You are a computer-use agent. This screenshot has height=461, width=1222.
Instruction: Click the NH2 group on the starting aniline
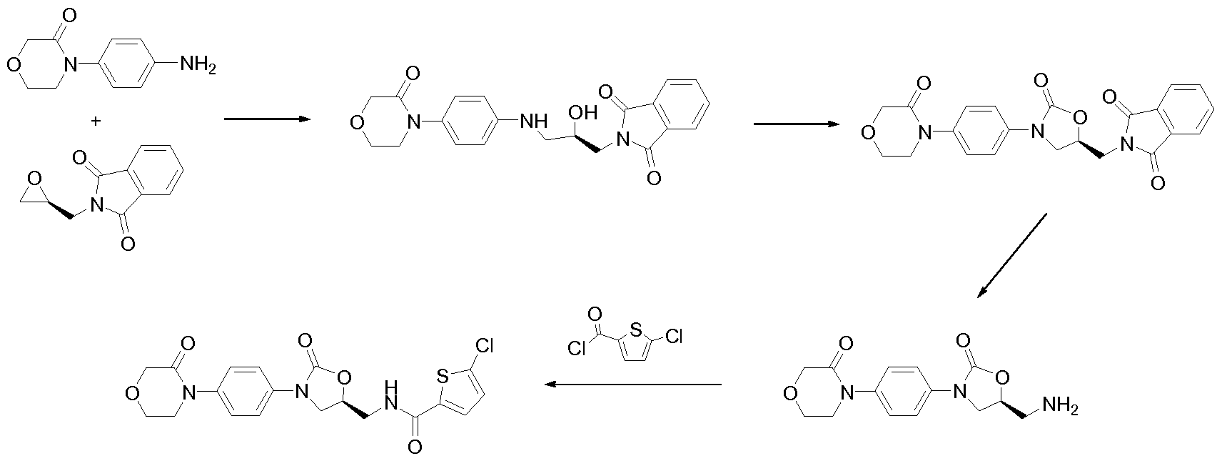198,65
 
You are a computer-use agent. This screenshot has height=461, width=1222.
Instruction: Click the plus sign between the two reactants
96,121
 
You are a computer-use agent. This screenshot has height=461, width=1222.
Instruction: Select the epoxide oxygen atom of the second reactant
35,179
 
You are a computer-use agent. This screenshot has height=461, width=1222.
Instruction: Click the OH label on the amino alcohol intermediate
583,113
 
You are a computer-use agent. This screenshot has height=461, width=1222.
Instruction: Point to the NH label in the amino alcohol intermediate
533,122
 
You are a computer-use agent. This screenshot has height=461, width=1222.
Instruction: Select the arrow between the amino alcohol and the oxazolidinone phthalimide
797,124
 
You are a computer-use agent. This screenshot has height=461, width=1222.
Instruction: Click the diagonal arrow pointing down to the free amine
1011,256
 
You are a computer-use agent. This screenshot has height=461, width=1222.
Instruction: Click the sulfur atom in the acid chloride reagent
635,329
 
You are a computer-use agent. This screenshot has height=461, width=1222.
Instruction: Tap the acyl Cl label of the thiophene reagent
577,348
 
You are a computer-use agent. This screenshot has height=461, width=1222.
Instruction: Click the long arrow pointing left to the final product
633,385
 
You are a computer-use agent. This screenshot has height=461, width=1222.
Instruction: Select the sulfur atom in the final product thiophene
443,376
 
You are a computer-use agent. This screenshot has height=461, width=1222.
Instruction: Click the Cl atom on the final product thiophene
485,345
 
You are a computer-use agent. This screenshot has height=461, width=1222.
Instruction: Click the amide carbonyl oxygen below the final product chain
415,447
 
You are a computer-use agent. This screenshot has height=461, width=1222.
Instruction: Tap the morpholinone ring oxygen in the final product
131,393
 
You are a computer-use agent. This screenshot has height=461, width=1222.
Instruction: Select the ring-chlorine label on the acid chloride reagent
675,337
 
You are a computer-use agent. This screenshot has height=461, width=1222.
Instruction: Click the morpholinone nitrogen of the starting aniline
69,65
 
